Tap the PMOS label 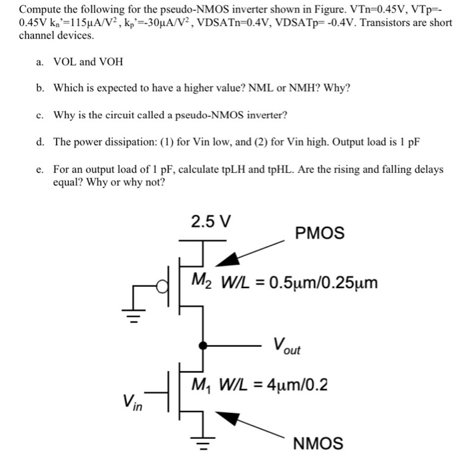click(x=319, y=233)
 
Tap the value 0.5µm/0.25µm click(x=323, y=282)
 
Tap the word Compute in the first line click(x=40, y=10)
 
